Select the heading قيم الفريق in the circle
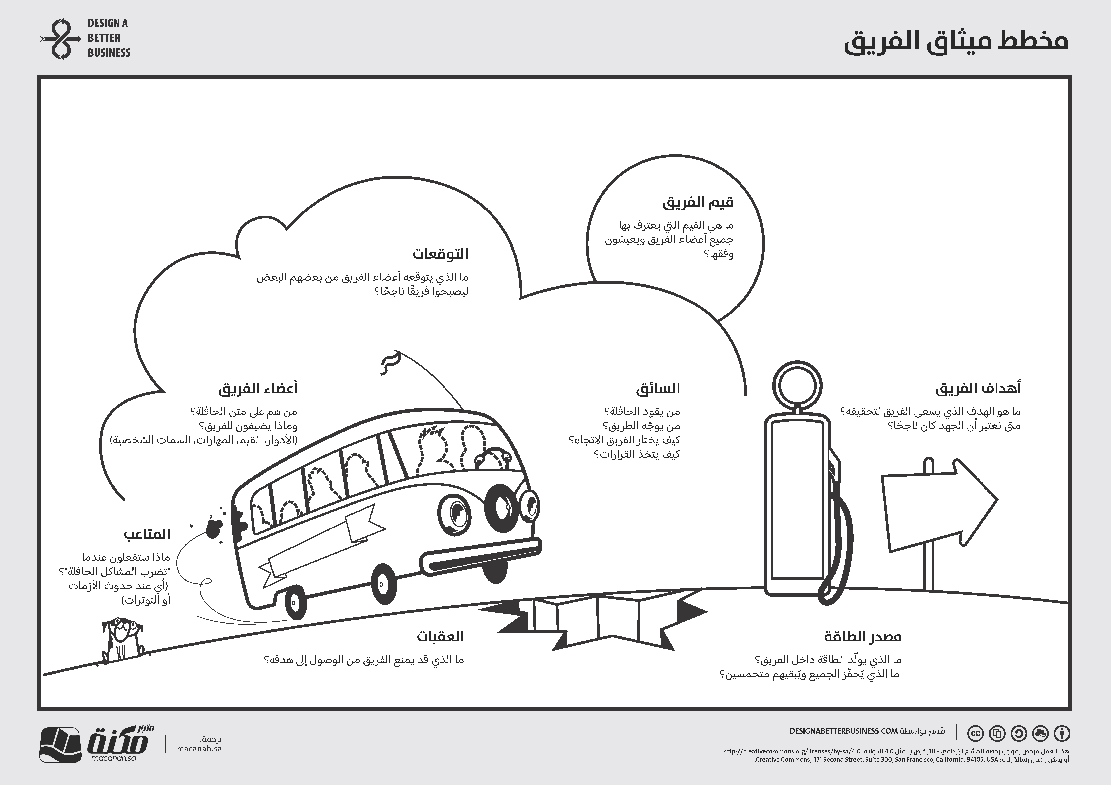[698, 202]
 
